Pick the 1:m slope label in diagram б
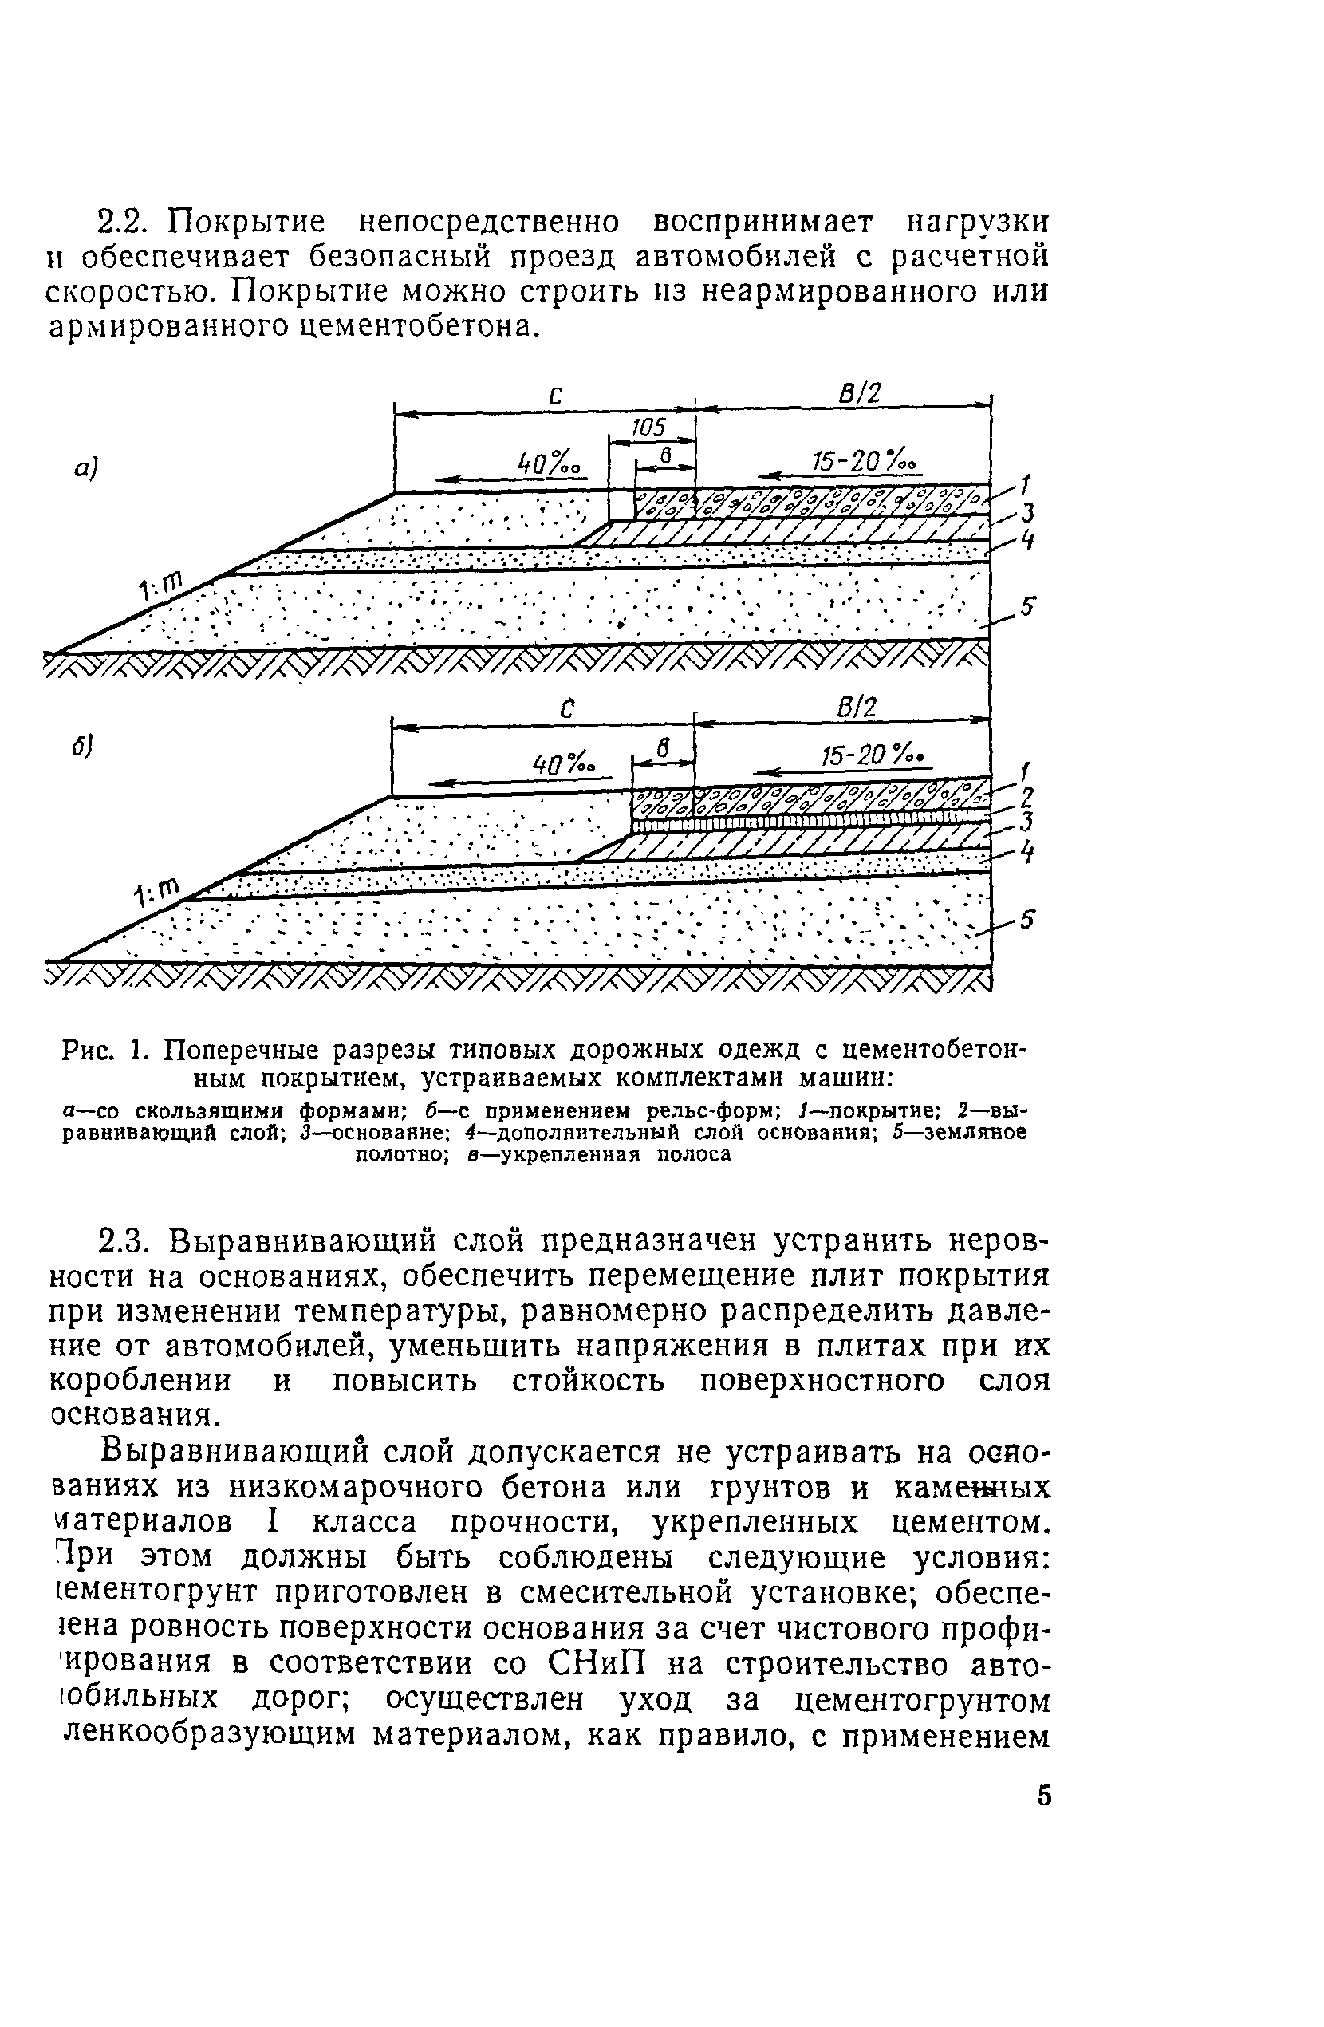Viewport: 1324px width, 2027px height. (x=157, y=892)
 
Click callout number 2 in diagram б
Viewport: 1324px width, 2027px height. (x=1026, y=795)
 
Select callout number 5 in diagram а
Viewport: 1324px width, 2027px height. (x=1028, y=607)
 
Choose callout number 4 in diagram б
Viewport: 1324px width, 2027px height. (x=1029, y=852)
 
